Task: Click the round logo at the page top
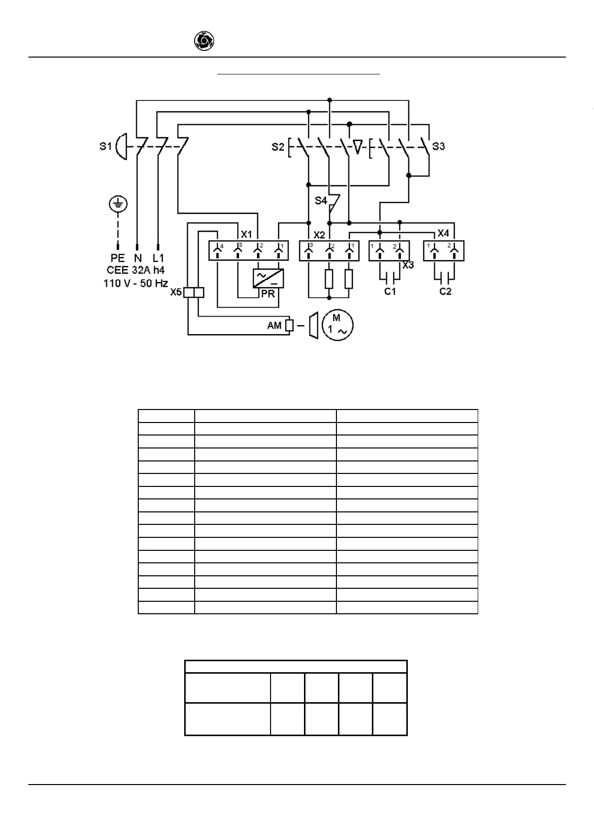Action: pyautogui.click(x=204, y=41)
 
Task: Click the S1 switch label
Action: pyautogui.click(x=105, y=147)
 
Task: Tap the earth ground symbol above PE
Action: pyautogui.click(x=118, y=204)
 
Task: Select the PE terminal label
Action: pyautogui.click(x=118, y=258)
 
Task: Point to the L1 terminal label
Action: pyautogui.click(x=158, y=258)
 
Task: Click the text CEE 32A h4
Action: pyautogui.click(x=135, y=270)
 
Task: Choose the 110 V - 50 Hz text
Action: pyautogui.click(x=135, y=283)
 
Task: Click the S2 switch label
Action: pyautogui.click(x=278, y=147)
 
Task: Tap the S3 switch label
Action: pyautogui.click(x=438, y=146)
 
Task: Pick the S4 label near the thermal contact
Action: pyautogui.click(x=320, y=201)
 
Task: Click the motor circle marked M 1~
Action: pyautogui.click(x=337, y=325)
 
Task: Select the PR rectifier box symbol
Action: pyautogui.click(x=268, y=278)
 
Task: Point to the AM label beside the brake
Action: pyautogui.click(x=275, y=326)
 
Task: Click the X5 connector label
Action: pyautogui.click(x=176, y=292)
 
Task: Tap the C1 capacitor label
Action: pyautogui.click(x=390, y=292)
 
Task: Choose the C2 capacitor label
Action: pyautogui.click(x=445, y=292)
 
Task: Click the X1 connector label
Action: pyautogui.click(x=247, y=234)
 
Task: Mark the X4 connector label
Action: pyautogui.click(x=443, y=233)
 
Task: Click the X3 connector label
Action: pyautogui.click(x=408, y=265)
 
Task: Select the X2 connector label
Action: pyautogui.click(x=319, y=235)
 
